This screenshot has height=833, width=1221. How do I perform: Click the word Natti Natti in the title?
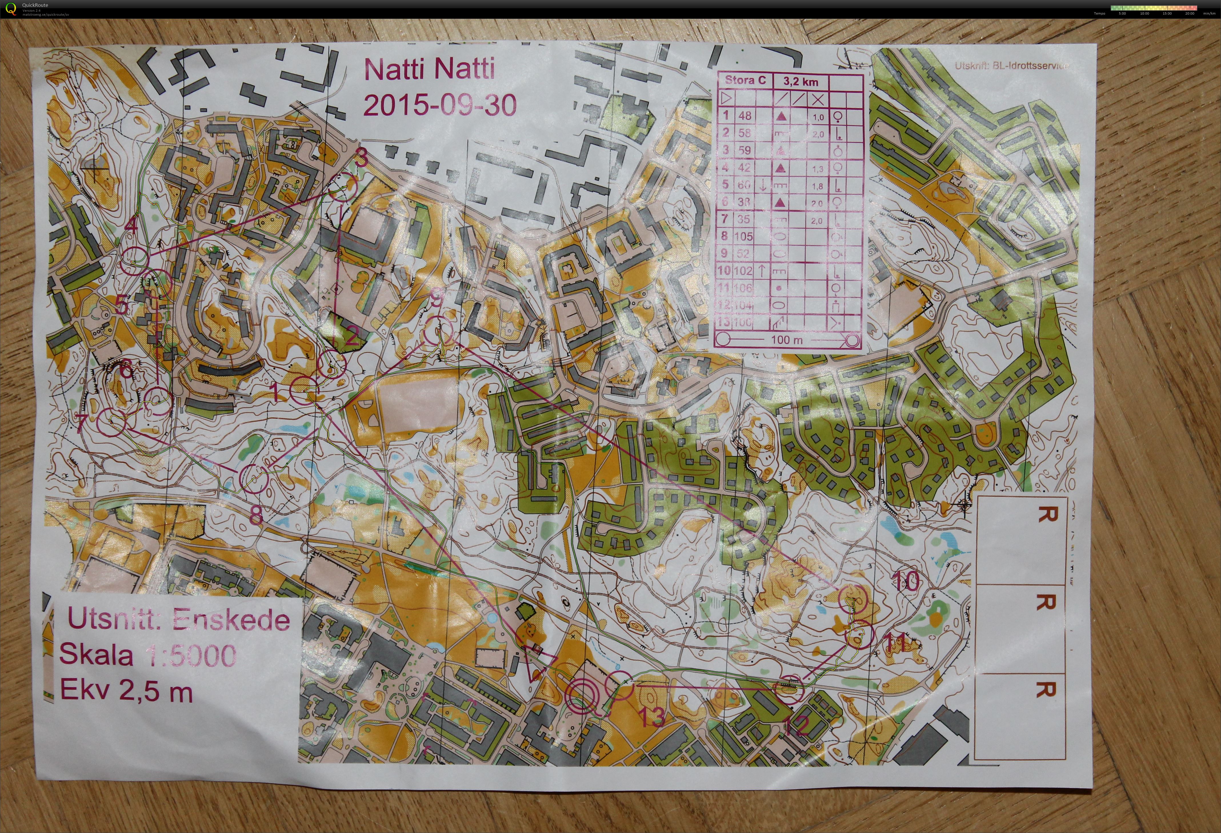(x=429, y=69)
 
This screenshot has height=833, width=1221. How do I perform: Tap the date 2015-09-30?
(x=440, y=105)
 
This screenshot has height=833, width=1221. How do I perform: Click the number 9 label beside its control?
(x=437, y=299)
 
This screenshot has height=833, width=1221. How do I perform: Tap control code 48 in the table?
(x=744, y=116)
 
